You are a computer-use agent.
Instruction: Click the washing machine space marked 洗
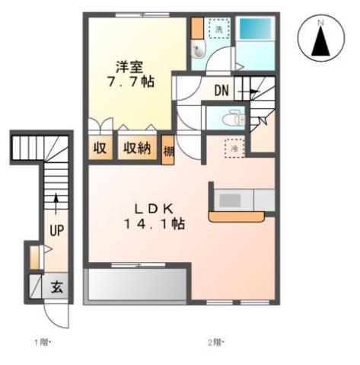click(218, 28)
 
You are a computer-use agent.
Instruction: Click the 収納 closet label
click(137, 149)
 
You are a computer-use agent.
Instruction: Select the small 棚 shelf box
click(169, 150)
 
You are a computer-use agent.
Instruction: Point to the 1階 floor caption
click(41, 342)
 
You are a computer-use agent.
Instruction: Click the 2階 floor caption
click(215, 342)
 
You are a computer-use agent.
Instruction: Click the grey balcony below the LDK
click(137, 286)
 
